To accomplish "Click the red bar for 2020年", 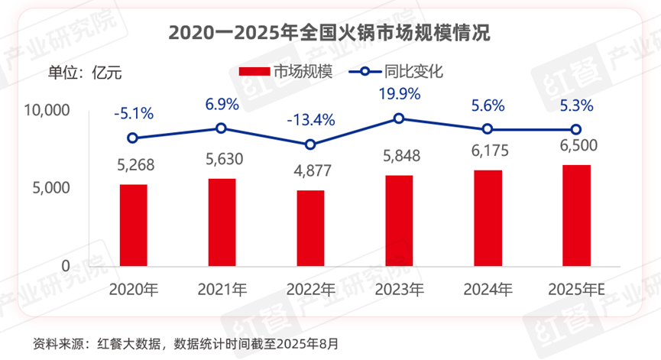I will (134, 225).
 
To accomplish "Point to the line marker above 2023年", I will (399, 118).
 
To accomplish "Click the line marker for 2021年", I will (222, 128).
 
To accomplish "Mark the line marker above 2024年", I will (488, 129).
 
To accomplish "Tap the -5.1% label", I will (134, 114).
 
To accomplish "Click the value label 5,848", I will (399, 156).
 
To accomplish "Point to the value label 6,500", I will (576, 145).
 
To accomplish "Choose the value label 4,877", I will (311, 171).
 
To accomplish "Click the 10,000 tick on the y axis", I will (47, 111).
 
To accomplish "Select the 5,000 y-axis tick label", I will (52, 188).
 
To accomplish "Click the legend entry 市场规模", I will (287, 72).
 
